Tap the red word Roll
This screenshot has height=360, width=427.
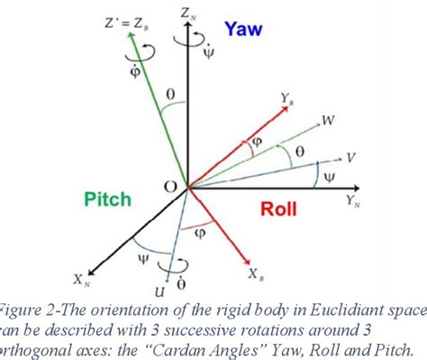point(279,209)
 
